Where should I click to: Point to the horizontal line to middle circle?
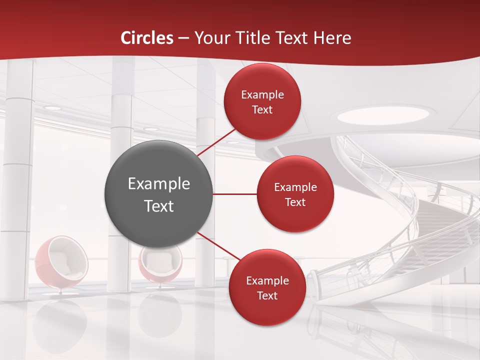coord(235,193)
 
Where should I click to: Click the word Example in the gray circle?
coord(158,184)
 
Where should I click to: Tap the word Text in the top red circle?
coord(262,109)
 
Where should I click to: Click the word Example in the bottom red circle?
coord(267,280)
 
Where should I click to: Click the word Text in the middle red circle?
coord(295,202)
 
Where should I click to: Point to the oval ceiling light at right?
coord(382,115)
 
